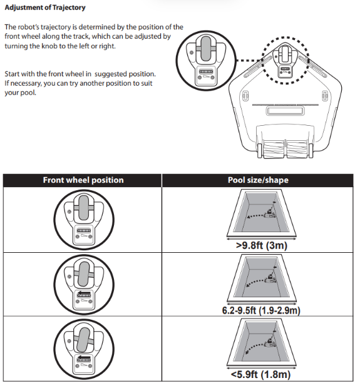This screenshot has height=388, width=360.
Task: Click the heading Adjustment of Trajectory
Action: tap(45, 8)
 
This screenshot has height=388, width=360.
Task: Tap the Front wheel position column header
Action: tap(83, 180)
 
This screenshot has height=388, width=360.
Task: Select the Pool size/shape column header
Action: tap(258, 180)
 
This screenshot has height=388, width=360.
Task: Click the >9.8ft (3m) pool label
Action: tap(262, 245)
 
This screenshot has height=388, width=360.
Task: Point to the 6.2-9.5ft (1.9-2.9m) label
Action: tap(261, 310)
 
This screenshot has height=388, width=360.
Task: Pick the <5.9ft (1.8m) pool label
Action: tap(260, 374)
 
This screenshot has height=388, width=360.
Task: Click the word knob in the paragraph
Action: tap(49, 46)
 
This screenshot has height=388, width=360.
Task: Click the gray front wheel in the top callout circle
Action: tap(206, 49)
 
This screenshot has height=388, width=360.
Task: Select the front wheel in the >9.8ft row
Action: tap(84, 208)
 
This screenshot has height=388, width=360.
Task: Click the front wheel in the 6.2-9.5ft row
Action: tap(84, 274)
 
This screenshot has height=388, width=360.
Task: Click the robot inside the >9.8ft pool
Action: tap(270, 214)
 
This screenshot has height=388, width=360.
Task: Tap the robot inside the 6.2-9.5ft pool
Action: tap(270, 279)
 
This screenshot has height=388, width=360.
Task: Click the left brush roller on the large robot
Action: tap(274, 148)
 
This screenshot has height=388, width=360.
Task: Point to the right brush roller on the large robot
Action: tap(297, 148)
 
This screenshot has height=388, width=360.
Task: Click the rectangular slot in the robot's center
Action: tap(285, 111)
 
